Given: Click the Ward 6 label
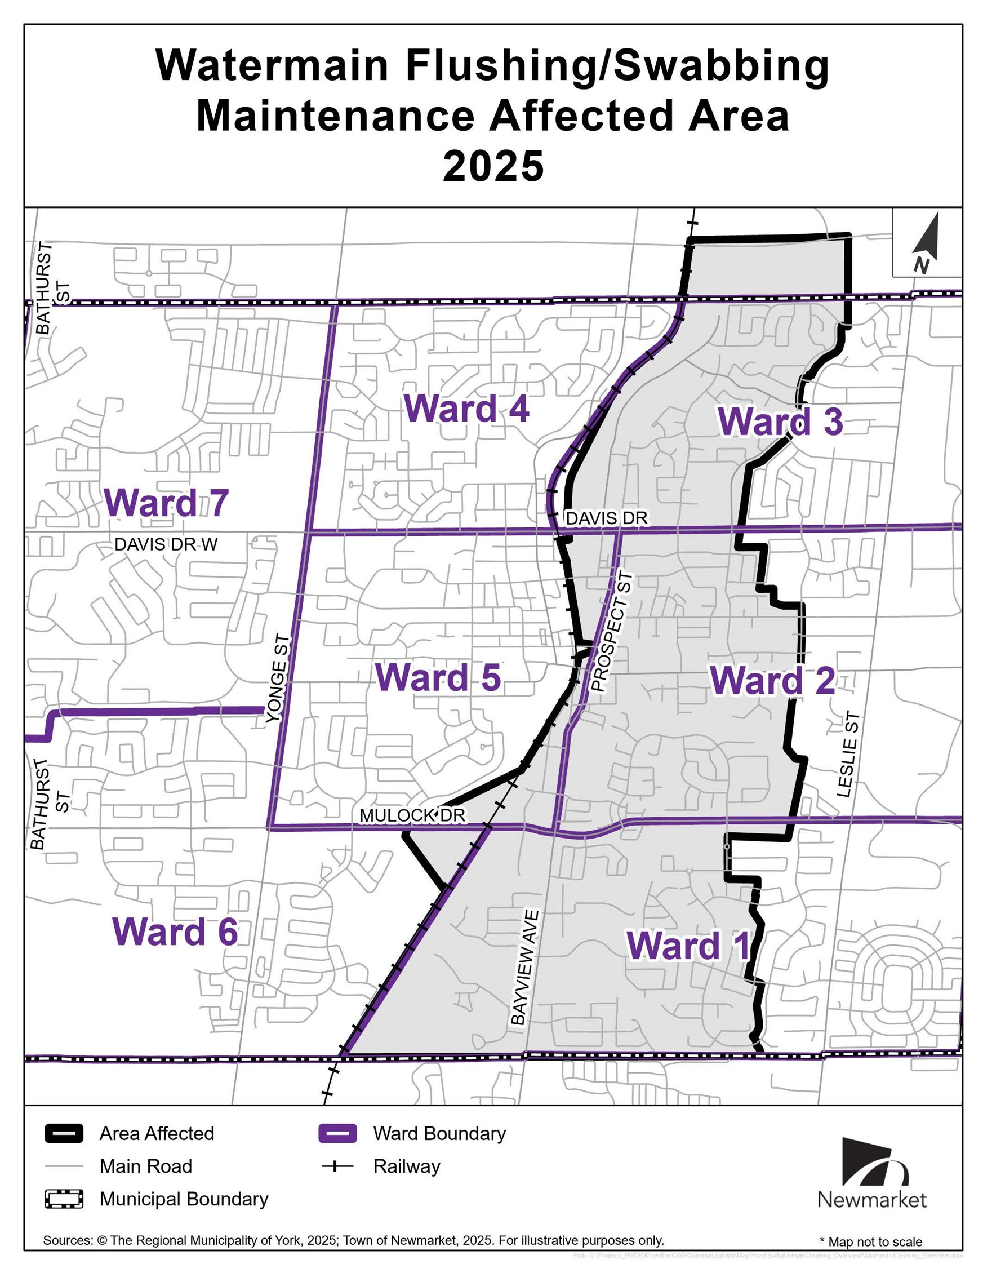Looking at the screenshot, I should pos(175,931).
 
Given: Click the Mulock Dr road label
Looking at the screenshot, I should pos(412,815).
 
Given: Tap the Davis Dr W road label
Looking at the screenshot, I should pos(166,544).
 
